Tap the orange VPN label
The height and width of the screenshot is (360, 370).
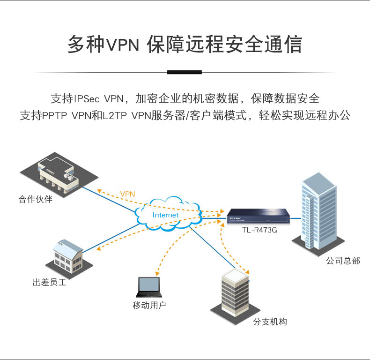tap(127, 194)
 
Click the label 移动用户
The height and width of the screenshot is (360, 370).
tap(149, 306)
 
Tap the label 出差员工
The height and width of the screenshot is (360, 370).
tap(49, 283)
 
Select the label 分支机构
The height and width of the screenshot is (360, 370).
tap(270, 322)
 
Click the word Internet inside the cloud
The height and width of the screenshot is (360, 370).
tap(166, 215)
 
